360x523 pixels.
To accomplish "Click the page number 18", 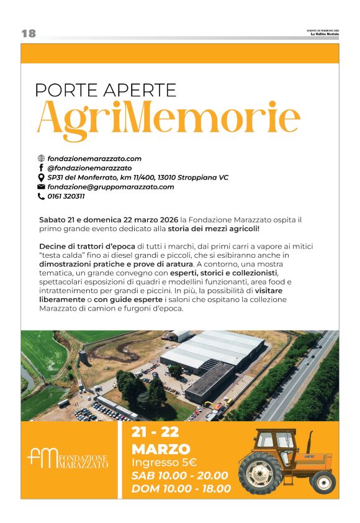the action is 29,34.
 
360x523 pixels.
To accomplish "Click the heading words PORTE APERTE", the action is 106,90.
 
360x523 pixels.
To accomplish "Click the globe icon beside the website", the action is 42,159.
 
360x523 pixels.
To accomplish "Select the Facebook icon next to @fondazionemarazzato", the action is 42,168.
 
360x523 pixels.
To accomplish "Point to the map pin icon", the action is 42,178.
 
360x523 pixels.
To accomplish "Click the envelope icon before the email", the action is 42,187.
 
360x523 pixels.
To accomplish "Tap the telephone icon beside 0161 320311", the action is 42,196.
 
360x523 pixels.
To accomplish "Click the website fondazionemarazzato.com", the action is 94,159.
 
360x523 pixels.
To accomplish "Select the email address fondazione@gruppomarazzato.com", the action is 110,187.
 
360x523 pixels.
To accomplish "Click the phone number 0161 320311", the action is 66,196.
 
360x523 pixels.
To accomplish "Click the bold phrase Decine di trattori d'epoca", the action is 88,246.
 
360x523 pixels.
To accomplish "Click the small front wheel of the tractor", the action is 323,481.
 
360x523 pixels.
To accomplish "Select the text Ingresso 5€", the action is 164,462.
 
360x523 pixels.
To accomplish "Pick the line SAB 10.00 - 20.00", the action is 179,475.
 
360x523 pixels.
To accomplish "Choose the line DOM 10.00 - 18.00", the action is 181,489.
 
